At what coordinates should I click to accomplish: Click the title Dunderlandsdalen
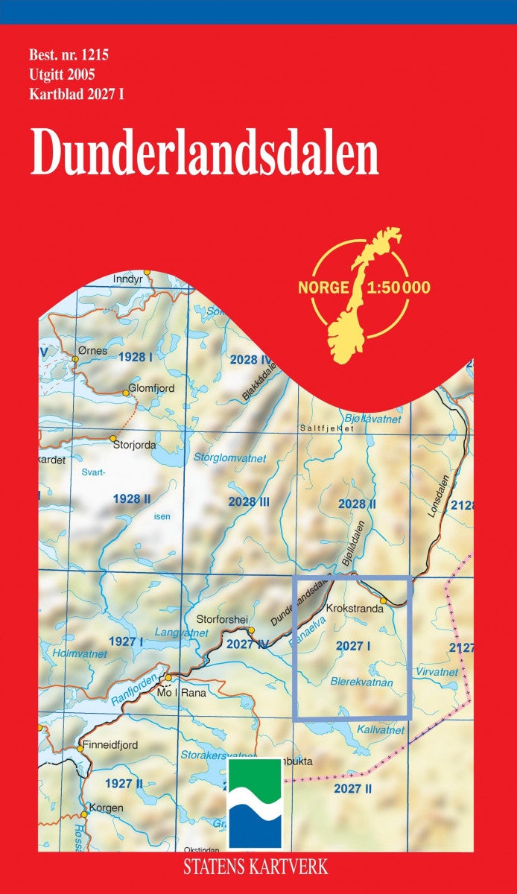[205, 154]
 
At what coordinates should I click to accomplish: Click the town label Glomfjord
[153, 388]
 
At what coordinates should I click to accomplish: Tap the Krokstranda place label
[355, 608]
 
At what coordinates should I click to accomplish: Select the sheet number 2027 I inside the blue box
[353, 647]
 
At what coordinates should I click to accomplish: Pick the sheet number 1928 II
[132, 498]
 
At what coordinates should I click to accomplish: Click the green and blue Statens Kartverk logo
[254, 802]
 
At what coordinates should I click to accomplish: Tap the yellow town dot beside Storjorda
[112, 438]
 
